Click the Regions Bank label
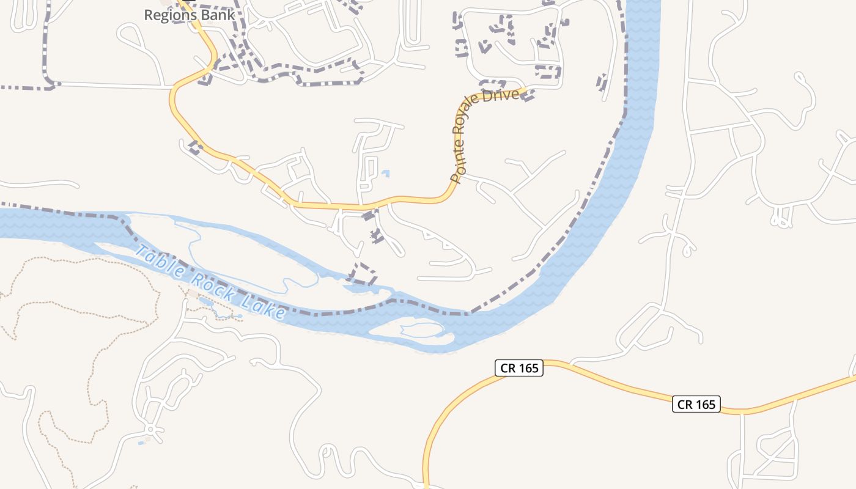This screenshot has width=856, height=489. pyautogui.click(x=189, y=15)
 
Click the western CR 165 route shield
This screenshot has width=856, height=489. pyautogui.click(x=518, y=368)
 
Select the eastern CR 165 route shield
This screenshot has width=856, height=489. pyautogui.click(x=696, y=404)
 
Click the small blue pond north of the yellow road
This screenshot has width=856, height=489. pyautogui.click(x=385, y=174)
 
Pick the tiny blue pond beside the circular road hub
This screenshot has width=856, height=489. pyautogui.click(x=141, y=442)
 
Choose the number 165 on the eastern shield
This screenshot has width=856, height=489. pyautogui.click(x=705, y=404)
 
